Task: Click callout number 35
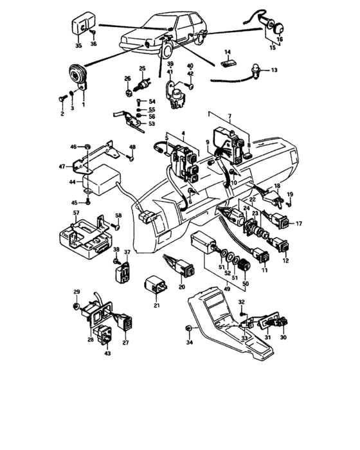(x=78, y=47)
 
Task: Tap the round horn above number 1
(x=79, y=76)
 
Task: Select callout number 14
(x=227, y=53)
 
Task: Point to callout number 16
(x=279, y=39)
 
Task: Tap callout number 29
(x=76, y=292)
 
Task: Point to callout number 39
(x=170, y=65)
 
